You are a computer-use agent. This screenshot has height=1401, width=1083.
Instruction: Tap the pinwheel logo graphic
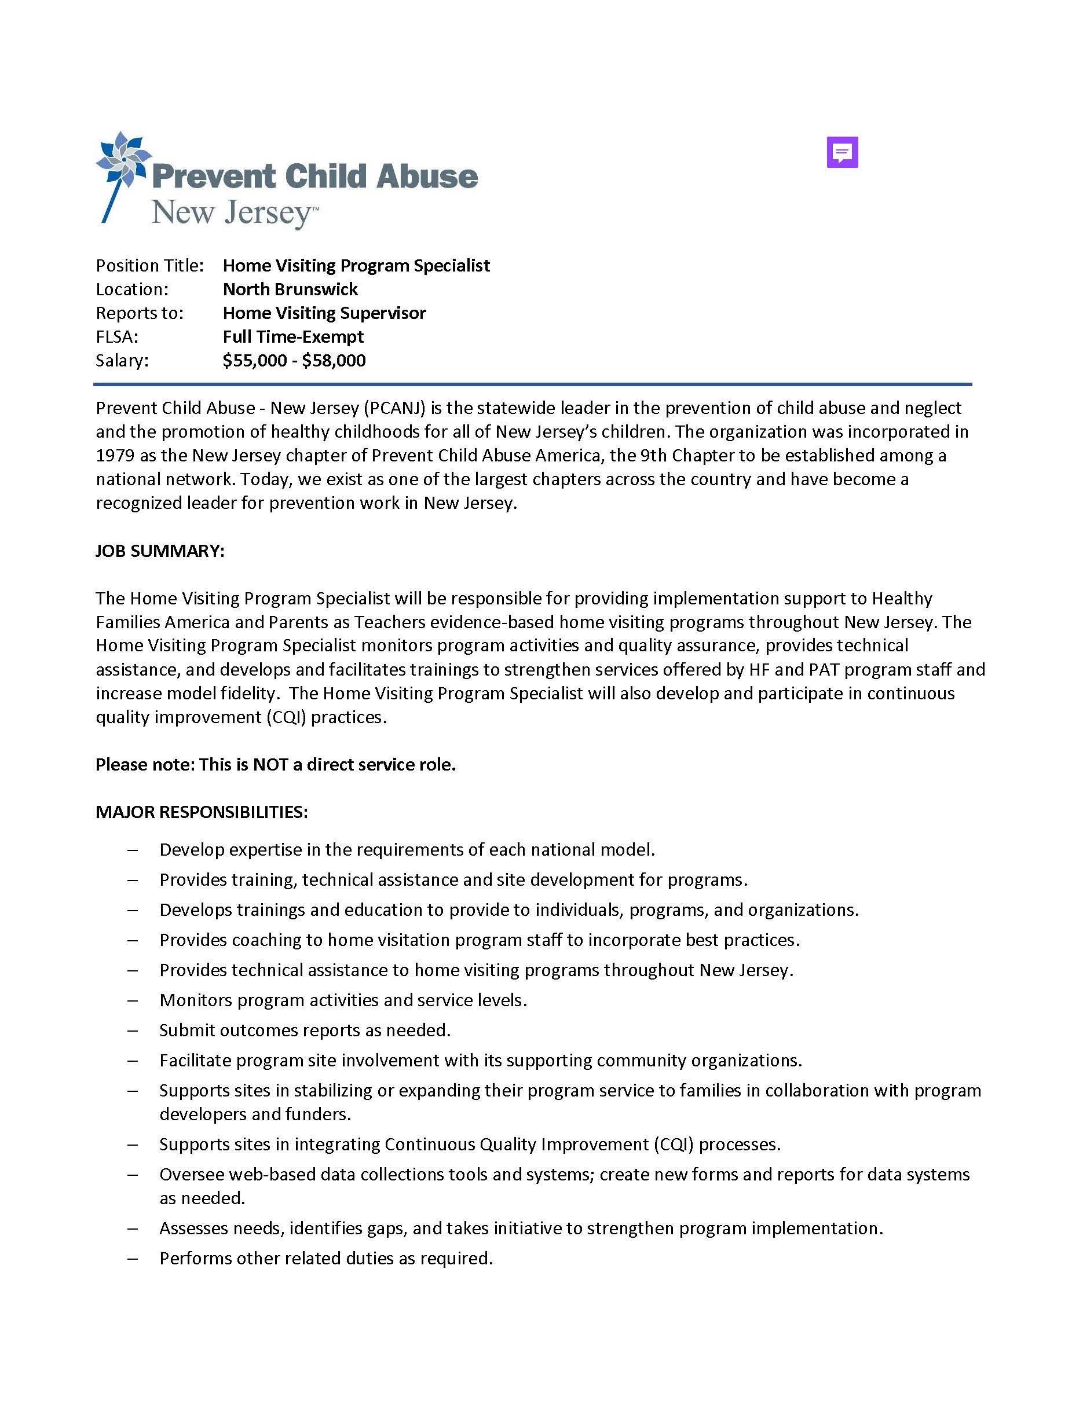pyautogui.click(x=123, y=161)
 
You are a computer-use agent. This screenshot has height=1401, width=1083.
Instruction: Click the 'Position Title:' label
pyautogui.click(x=149, y=266)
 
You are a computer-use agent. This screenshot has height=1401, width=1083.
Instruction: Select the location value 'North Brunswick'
pyautogui.click(x=290, y=289)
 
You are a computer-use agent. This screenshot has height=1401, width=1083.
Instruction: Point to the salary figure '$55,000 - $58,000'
pyautogui.click(x=294, y=361)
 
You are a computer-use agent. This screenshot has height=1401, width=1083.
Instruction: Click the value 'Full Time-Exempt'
pyautogui.click(x=293, y=337)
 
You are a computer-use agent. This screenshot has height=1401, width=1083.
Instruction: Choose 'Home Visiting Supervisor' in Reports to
pyautogui.click(x=324, y=313)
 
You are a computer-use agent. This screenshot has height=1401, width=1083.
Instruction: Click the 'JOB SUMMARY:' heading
pyautogui.click(x=160, y=551)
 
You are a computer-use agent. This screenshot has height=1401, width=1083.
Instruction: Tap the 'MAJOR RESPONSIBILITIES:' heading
pyautogui.click(x=202, y=812)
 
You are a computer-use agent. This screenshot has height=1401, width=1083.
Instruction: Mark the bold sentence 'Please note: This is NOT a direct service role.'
pyautogui.click(x=275, y=765)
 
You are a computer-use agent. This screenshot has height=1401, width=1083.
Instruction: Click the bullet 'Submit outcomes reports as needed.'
pyautogui.click(x=305, y=1030)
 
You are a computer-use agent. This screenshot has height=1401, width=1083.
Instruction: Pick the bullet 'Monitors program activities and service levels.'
pyautogui.click(x=343, y=1000)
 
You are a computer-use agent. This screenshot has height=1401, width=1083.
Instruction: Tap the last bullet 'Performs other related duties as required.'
pyautogui.click(x=326, y=1258)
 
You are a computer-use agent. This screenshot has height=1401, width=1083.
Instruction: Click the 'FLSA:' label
pyautogui.click(x=117, y=337)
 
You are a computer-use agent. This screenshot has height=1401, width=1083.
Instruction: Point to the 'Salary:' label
pyautogui.click(x=122, y=361)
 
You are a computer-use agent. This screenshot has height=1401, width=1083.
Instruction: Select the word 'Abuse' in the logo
pyautogui.click(x=427, y=177)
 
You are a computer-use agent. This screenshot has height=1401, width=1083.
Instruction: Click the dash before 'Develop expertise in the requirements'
pyautogui.click(x=133, y=850)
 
